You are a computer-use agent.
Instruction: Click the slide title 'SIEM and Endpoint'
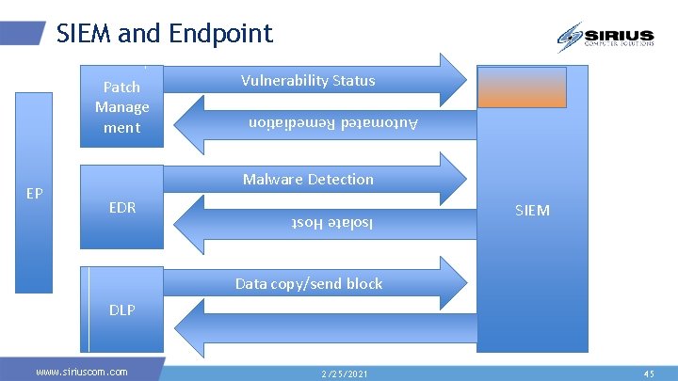tap(164, 34)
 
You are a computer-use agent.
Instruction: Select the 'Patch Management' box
tap(122, 107)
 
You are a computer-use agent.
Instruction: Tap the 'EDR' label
tap(122, 207)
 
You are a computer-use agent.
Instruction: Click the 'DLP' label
tap(122, 309)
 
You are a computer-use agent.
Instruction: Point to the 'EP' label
tap(35, 194)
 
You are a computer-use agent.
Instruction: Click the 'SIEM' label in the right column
tap(532, 210)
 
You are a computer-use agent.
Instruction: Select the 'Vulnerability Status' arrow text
tap(307, 81)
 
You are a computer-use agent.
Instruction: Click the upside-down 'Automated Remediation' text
tap(332, 122)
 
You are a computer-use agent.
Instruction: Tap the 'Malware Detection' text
tap(308, 179)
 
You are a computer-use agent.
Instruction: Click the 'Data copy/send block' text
tap(309, 283)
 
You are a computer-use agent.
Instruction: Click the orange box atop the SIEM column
tap(522, 87)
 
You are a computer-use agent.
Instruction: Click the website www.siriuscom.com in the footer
tap(81, 372)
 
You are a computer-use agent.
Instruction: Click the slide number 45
tap(649, 373)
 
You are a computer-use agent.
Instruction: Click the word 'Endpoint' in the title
tap(221, 34)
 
